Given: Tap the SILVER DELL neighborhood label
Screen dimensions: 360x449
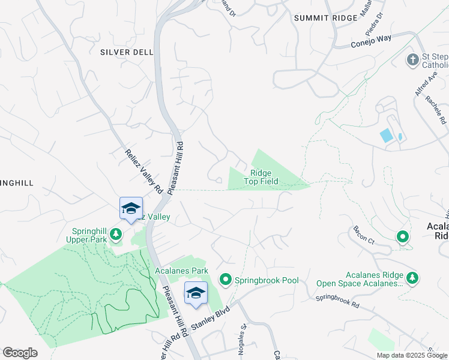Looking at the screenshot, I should tap(127, 52).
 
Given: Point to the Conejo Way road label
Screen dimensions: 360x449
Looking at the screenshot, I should tap(370, 41).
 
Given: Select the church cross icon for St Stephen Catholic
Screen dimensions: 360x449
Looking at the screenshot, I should tap(412, 59).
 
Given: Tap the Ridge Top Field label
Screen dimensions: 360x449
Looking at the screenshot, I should tap(261, 177).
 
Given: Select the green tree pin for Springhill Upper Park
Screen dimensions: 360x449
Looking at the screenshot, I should tap(116, 235).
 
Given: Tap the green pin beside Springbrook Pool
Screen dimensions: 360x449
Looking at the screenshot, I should tap(226, 279).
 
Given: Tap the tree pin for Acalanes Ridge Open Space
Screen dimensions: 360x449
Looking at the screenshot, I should tap(412, 278).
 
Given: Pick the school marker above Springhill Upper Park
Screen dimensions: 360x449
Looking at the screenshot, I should tap(131, 208).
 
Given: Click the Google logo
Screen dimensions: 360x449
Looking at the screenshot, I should tap(20, 353).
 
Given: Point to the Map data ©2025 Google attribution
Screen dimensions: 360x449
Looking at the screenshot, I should tap(411, 355).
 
